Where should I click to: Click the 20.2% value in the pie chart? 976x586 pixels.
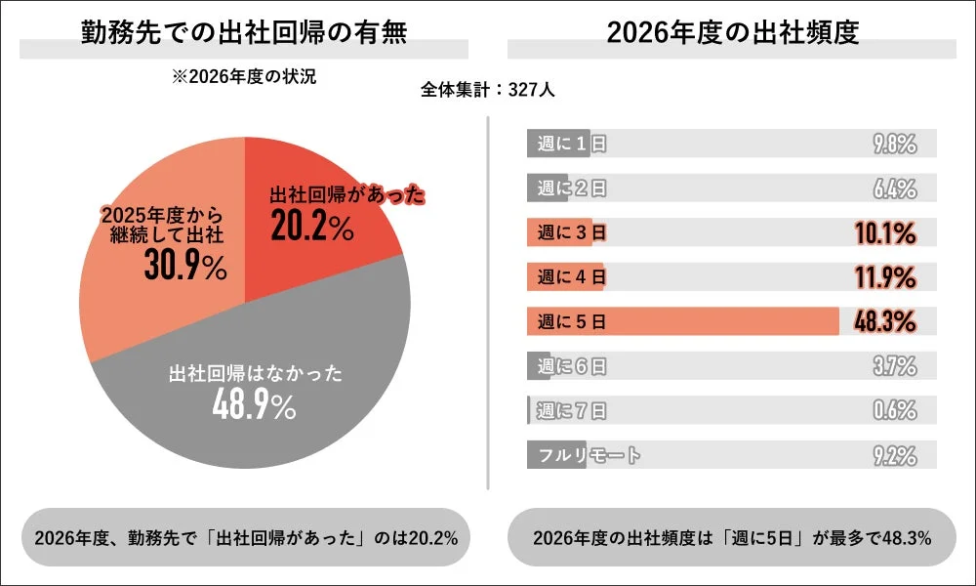point(311,228)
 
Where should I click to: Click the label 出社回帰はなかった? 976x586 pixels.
point(256,374)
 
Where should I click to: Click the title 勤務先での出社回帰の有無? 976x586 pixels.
point(243,32)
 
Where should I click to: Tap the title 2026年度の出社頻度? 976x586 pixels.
point(732,32)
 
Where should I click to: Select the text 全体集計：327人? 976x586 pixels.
point(488,90)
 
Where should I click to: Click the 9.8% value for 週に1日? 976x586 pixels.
point(894,145)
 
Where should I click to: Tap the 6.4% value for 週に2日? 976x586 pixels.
point(894,188)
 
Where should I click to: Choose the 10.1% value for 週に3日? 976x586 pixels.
point(886,233)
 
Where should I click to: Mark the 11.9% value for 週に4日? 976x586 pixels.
point(886,277)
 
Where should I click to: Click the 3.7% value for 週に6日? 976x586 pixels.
point(894,366)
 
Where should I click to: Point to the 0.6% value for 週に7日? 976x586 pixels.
point(894,410)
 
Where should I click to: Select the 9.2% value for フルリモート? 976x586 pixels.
point(894,455)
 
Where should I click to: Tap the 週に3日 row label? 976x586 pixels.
point(572,233)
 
